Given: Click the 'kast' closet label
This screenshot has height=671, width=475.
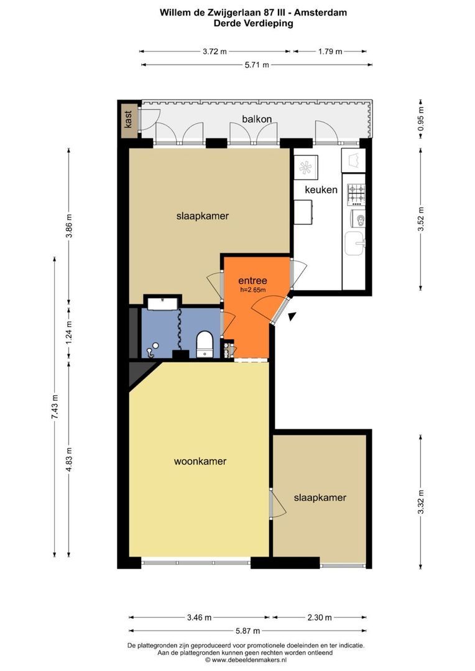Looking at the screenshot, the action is [x=128, y=119].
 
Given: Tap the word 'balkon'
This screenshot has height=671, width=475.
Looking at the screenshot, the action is [x=257, y=119].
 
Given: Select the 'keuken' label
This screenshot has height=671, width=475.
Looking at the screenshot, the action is [x=321, y=189].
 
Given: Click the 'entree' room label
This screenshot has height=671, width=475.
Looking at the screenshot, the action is [x=252, y=281].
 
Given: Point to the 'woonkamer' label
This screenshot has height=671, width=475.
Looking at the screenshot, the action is [x=200, y=461].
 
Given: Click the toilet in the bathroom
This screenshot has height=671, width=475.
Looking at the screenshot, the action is [x=205, y=344].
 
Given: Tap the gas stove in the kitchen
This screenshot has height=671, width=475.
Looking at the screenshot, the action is [x=356, y=193].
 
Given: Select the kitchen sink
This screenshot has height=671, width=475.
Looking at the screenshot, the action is [x=355, y=243].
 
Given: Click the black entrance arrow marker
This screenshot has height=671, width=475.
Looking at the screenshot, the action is [x=292, y=317].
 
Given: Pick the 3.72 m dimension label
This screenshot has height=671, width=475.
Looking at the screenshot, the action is [x=214, y=52].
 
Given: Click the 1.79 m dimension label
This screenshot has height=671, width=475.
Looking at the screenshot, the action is [x=330, y=52].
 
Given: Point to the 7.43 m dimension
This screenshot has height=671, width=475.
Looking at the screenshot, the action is [x=55, y=407].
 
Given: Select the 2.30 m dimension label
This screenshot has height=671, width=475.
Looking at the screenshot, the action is [x=320, y=618].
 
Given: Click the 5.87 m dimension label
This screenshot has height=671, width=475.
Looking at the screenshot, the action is [x=247, y=631].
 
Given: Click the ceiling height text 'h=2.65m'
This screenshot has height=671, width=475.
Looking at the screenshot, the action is [x=252, y=290].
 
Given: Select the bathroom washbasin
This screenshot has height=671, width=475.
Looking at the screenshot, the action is [x=162, y=303].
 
